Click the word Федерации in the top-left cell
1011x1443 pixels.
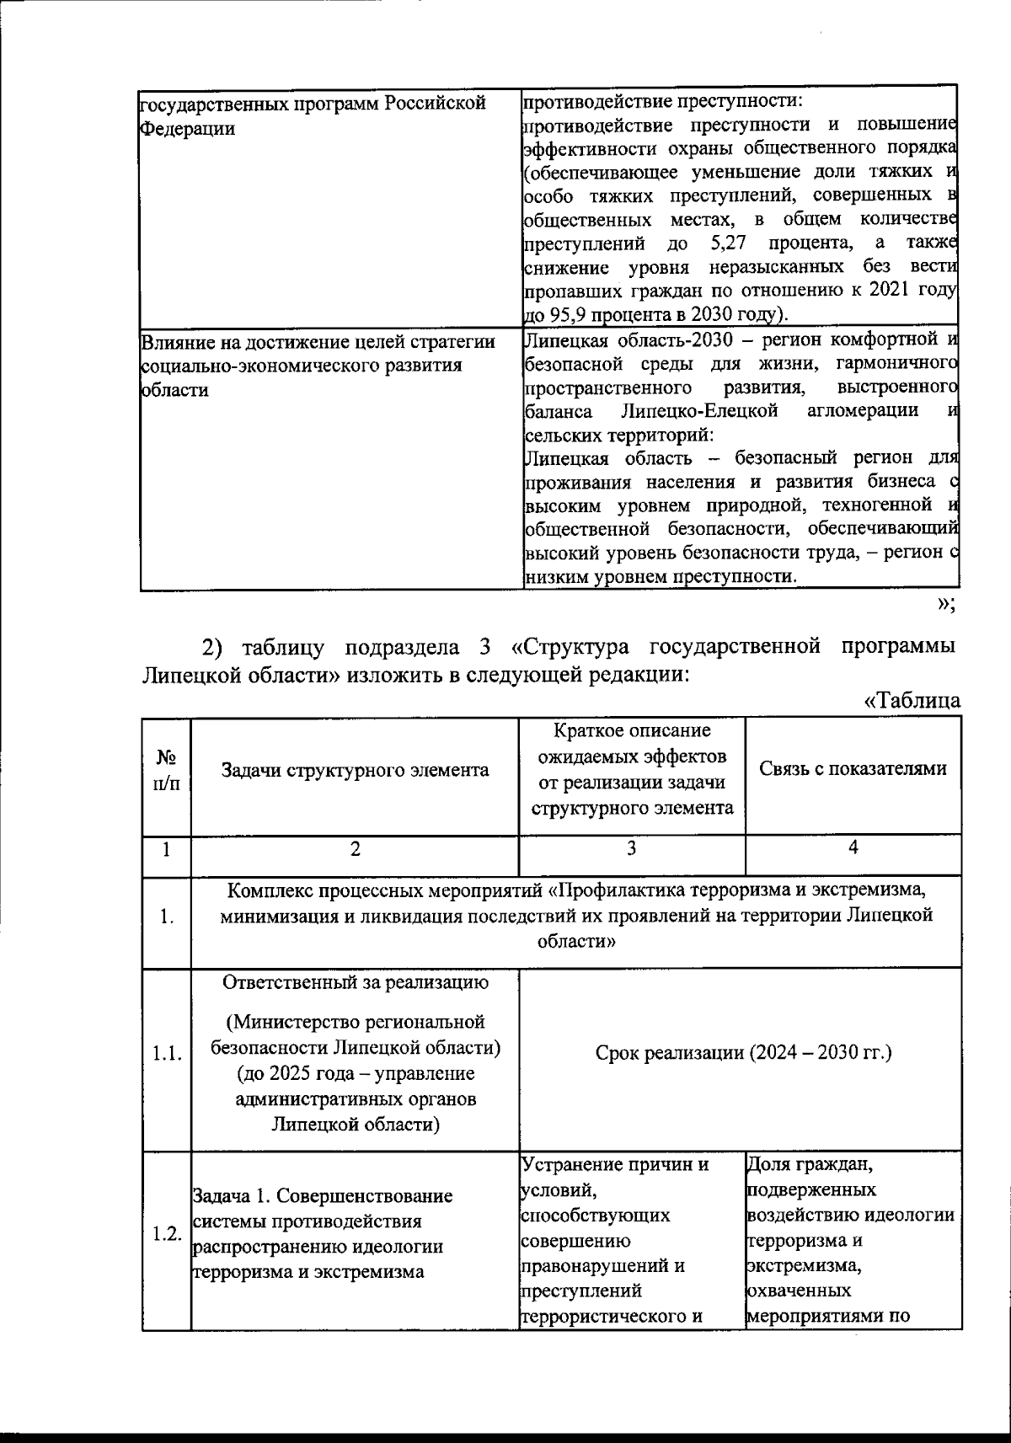tap(186, 130)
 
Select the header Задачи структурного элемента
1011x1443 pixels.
tap(355, 770)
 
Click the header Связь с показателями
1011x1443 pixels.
tap(853, 768)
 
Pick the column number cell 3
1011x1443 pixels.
tap(631, 849)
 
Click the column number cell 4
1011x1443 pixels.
tap(853, 849)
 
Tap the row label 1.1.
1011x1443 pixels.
tap(166, 1054)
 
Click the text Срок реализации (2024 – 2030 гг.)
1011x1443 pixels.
tap(743, 1053)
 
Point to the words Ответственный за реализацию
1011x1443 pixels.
tap(355, 983)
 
